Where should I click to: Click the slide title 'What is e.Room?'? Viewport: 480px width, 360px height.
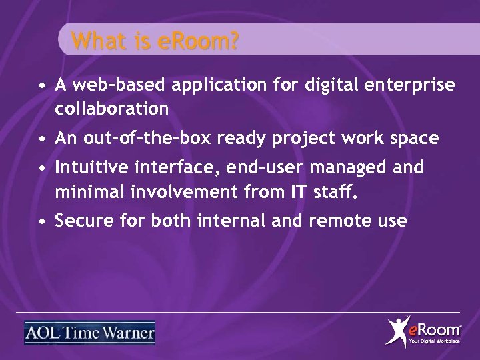[156, 42]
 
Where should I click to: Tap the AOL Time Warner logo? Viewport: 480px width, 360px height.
[89, 332]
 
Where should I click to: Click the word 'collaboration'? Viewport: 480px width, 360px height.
[112, 107]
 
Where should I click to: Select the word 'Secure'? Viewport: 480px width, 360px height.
[81, 220]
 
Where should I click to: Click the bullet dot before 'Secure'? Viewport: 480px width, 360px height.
[41, 221]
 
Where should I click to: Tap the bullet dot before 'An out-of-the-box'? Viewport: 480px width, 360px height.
[41, 139]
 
